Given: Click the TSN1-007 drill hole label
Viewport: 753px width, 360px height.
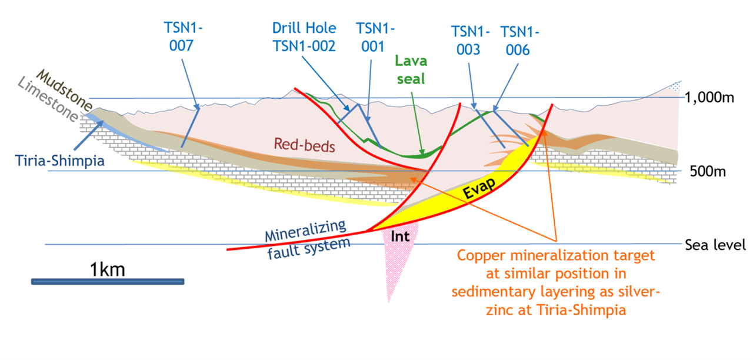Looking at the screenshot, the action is tap(183, 36).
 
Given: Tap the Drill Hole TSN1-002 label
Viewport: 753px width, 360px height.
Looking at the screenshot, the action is tap(304, 37).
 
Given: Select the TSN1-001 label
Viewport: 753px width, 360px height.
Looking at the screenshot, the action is tap(375, 37).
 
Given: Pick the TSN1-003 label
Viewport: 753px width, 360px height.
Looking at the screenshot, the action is tap(470, 41).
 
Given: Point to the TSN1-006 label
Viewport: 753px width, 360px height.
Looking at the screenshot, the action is tap(519, 41).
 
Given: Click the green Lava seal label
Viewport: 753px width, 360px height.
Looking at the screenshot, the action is tap(411, 69).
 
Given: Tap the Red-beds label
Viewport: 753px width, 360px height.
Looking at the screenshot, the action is tap(305, 145).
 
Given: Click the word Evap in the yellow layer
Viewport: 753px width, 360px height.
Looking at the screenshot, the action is tap(479, 188).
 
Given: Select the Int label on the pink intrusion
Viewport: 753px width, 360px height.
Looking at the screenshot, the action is tap(400, 236).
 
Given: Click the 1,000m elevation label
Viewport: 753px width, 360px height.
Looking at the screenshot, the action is tap(709, 98).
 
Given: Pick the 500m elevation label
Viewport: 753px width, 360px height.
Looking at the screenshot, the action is tap(708, 171).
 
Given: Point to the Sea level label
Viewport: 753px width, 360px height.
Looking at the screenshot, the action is tap(715, 245).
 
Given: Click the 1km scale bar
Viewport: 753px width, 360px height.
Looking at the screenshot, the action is tap(108, 281).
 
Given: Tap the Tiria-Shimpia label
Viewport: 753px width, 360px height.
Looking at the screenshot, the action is tap(60, 161).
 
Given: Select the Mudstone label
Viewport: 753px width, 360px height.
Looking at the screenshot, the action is tap(64, 90).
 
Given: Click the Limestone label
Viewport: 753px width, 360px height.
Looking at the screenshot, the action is tap(48, 99).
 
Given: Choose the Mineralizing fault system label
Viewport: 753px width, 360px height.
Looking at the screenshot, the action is tap(306, 239).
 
